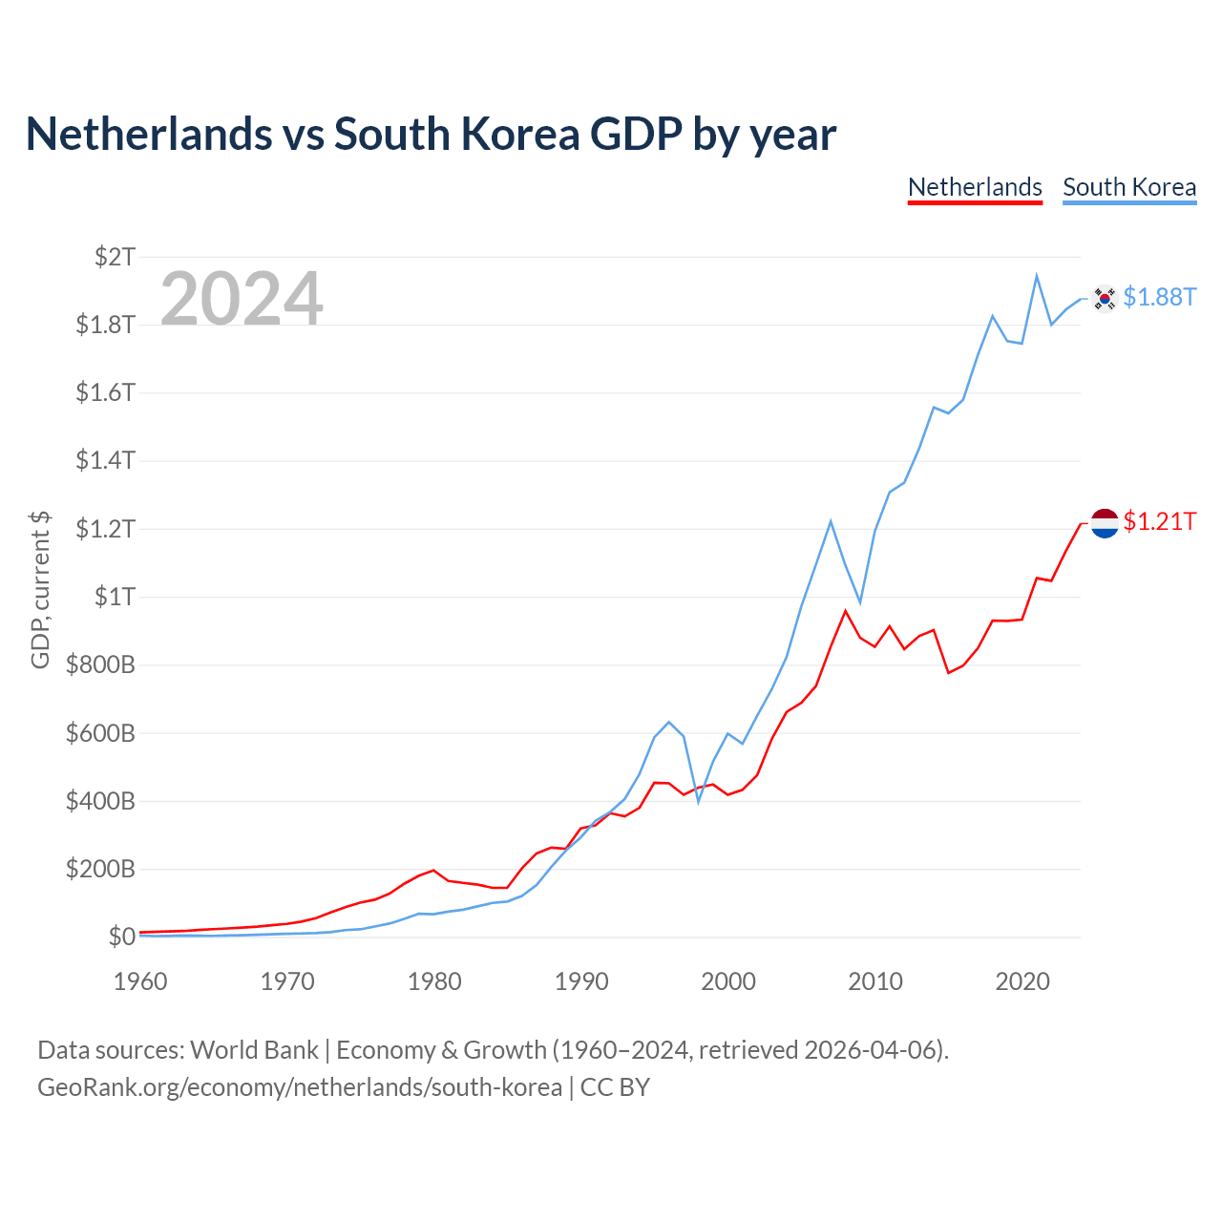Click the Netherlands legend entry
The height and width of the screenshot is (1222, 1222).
(975, 188)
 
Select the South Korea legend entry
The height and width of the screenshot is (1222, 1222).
(1129, 188)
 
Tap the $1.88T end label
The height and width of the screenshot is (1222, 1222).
(1159, 297)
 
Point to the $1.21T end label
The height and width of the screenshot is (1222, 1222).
(1159, 521)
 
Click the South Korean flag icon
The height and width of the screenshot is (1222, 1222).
(1104, 298)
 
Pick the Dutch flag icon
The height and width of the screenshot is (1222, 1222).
(1104, 523)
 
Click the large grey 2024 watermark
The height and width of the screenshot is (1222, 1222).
(242, 298)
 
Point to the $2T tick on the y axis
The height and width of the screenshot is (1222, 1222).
(115, 257)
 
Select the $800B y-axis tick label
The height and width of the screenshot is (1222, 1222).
(100, 664)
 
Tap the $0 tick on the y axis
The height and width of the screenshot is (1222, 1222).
(122, 937)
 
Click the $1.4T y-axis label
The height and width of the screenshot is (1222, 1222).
(105, 460)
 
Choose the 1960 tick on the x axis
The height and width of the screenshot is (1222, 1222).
(140, 981)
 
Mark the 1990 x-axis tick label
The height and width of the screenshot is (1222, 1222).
(581, 981)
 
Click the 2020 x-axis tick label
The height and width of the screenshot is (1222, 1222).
(1022, 981)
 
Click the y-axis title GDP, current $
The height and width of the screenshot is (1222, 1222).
(40, 590)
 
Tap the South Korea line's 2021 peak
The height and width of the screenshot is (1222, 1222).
(1036, 276)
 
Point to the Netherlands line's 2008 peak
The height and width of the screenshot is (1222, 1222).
(845, 611)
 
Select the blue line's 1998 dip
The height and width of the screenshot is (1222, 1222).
(698, 802)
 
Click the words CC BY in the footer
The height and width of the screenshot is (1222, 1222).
(615, 1087)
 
